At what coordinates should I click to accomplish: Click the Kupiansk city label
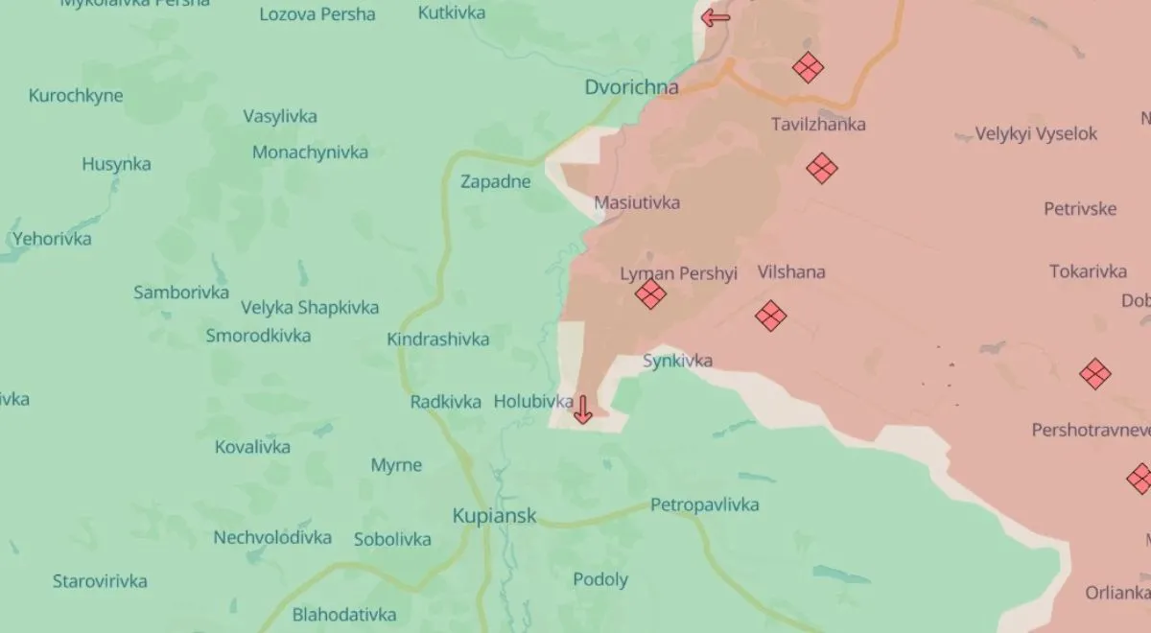coord(494,516)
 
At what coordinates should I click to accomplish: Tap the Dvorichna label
coord(631,87)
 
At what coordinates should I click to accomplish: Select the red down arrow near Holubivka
coord(582,410)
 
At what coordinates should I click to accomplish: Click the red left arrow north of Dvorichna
coord(715,17)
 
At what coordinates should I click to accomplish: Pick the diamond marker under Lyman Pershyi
coord(650,293)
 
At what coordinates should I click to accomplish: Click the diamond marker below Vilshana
coord(770,316)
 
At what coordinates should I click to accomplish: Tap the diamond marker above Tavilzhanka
coord(808,67)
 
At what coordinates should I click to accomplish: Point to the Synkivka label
coord(677,361)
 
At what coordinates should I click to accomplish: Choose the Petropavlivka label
coord(704,504)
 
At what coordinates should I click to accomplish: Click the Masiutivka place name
coord(637,202)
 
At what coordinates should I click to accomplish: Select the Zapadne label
coord(495,181)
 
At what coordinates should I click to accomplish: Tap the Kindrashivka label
coord(437,339)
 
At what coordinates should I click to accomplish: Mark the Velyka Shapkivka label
coord(310,308)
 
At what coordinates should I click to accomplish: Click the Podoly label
coord(600,579)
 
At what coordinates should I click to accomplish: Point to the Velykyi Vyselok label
coord(1036,134)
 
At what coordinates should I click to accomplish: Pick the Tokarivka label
coord(1088,271)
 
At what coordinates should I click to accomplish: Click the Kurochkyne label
coord(76,96)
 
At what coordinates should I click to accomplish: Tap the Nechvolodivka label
coord(272,537)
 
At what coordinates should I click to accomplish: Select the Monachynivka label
coord(310,152)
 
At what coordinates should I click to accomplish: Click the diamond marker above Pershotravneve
coord(1095,373)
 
